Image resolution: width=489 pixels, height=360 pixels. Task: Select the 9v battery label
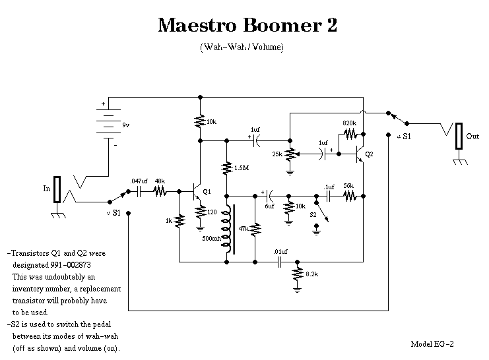click(x=126, y=125)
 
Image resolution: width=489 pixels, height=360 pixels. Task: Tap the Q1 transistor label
click(x=207, y=192)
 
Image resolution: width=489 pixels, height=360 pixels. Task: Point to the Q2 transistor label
click(x=369, y=154)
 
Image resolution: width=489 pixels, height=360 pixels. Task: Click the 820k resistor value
click(x=350, y=123)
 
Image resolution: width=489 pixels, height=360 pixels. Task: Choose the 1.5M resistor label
click(x=242, y=168)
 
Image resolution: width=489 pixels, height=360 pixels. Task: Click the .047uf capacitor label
click(x=139, y=181)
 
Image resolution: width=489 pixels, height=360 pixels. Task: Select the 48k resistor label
click(x=160, y=181)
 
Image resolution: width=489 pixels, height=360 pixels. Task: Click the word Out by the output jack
click(x=473, y=136)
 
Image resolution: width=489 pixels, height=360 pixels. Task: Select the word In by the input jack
click(x=47, y=189)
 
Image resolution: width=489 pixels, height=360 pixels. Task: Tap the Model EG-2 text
click(x=432, y=344)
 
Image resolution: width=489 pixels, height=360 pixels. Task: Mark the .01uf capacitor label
click(x=280, y=251)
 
